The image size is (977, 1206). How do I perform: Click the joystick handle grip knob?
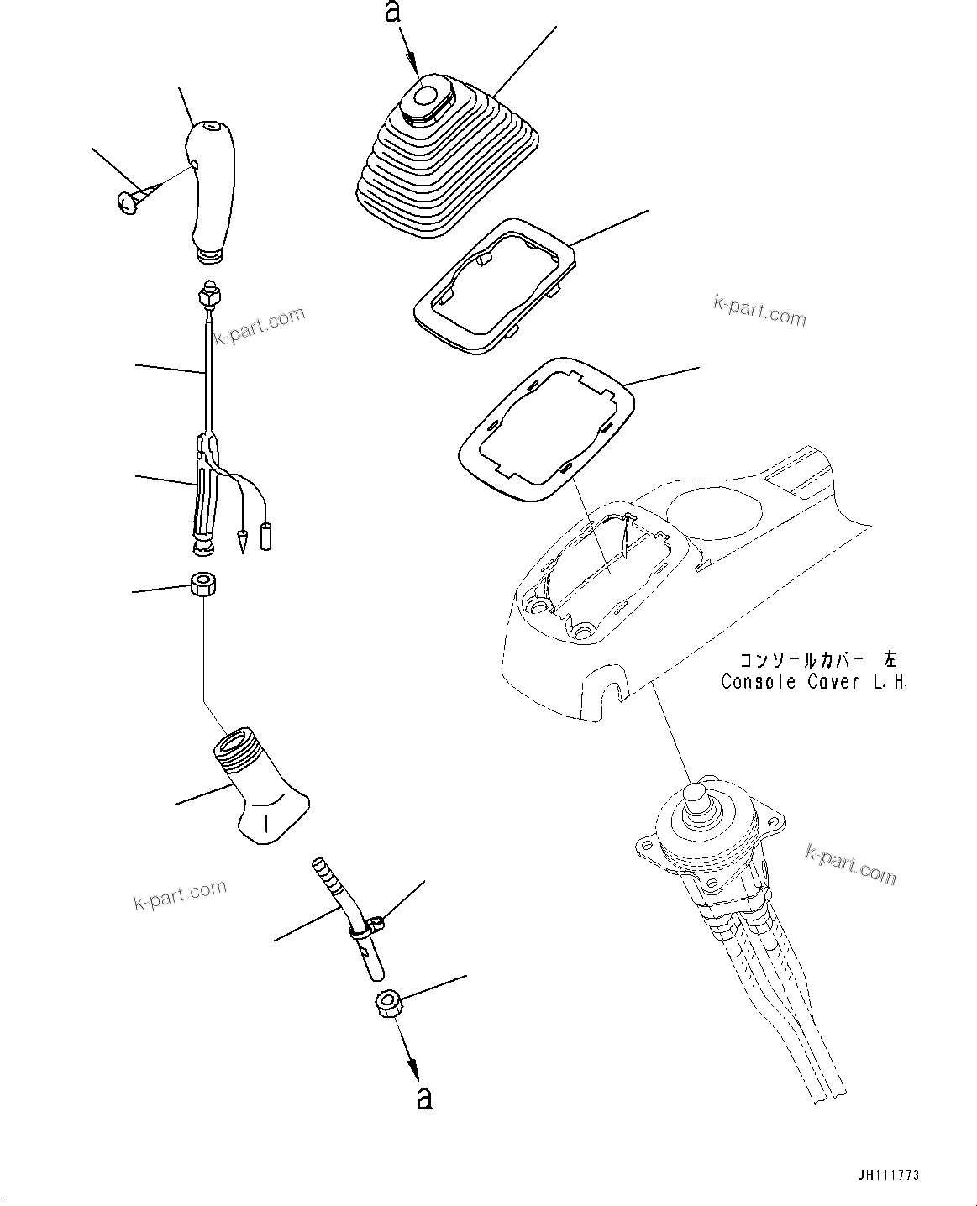click(212, 189)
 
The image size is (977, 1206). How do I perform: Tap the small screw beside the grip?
click(130, 202)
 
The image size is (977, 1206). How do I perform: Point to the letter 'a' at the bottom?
click(425, 1098)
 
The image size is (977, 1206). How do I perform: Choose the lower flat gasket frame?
click(546, 428)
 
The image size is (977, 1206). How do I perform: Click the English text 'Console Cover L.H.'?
click(813, 682)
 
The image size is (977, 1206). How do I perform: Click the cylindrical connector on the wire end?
click(267, 536)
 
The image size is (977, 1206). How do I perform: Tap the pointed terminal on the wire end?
click(243, 540)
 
